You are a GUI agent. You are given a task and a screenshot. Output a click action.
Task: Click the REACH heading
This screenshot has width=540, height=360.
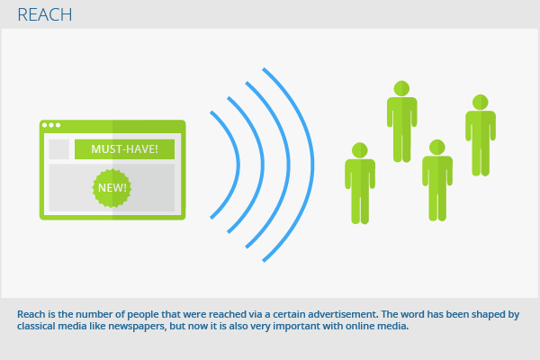click(45, 14)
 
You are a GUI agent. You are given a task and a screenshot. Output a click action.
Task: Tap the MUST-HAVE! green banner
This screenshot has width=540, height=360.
click(124, 149)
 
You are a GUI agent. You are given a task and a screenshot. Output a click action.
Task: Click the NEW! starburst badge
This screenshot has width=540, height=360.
click(112, 188)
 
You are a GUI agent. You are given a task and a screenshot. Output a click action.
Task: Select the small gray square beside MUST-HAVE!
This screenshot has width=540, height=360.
click(58, 149)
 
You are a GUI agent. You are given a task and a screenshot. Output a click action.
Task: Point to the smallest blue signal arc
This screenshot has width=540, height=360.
click(238, 165)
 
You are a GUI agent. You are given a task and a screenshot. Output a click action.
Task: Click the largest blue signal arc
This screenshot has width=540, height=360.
click(311, 165)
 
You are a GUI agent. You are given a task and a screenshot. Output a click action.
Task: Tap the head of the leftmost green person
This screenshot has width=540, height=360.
click(360, 150)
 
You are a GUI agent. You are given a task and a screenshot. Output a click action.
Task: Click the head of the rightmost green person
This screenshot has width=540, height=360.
click(481, 103)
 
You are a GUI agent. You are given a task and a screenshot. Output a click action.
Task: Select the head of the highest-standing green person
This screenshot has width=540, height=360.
click(401, 88)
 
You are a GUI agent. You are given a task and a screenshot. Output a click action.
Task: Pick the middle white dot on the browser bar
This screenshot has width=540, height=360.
click(51, 125)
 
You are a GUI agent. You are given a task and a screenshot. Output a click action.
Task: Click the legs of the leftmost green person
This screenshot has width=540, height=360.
click(360, 207)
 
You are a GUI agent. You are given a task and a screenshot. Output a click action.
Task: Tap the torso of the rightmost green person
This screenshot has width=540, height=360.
click(481, 126)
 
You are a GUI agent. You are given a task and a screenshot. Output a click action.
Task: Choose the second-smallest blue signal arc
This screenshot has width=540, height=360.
click(263, 165)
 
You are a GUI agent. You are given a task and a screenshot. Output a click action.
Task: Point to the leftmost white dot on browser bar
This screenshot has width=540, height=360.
click(45, 125)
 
